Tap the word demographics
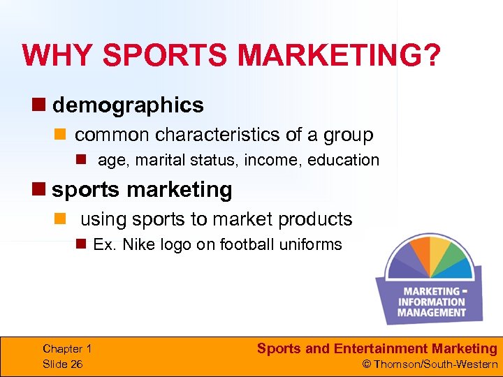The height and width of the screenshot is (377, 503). click(128, 105)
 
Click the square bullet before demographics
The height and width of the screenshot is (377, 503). click(44, 105)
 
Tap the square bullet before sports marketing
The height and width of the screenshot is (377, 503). click(44, 189)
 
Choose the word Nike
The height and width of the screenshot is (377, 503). click(138, 244)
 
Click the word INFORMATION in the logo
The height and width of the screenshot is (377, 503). click(431, 302)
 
